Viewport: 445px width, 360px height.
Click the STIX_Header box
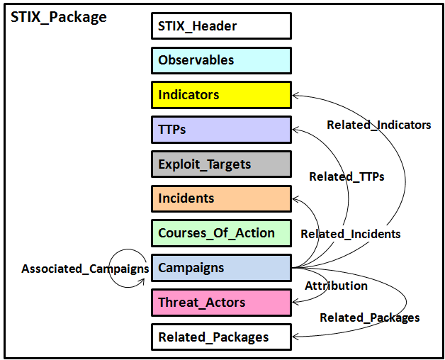221,26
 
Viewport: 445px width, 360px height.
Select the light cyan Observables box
221,60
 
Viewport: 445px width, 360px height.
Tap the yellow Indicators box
221,95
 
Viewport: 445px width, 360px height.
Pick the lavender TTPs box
221,130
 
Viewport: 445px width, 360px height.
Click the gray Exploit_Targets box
221,164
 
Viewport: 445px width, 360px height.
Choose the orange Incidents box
221,198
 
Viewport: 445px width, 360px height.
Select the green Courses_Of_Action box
221,233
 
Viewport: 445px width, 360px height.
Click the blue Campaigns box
221,268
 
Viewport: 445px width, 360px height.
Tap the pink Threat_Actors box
221,303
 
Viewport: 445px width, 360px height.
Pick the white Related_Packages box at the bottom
221,337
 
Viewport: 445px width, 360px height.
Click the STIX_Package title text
59,18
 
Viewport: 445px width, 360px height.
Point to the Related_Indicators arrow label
379,125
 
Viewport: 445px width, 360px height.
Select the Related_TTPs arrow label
347,176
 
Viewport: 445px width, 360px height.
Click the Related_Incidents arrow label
351,234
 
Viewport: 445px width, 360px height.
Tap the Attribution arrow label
336,286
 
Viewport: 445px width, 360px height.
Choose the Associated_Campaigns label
85,269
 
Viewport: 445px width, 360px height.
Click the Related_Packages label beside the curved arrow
370,317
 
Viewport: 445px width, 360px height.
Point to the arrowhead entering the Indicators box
295,96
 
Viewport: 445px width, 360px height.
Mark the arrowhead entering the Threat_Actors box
295,302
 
